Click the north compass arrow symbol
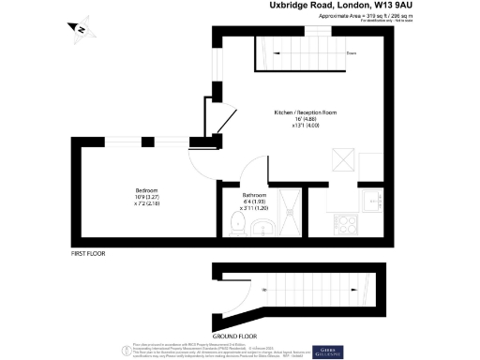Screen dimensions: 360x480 click(82, 31)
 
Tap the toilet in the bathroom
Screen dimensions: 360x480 click(237, 222)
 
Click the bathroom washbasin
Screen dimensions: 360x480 click(262, 228)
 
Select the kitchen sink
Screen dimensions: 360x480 click(371, 201)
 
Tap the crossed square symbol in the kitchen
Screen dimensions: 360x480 click(344, 159)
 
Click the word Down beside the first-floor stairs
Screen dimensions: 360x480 click(352, 53)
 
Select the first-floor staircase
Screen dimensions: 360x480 click(295, 53)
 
